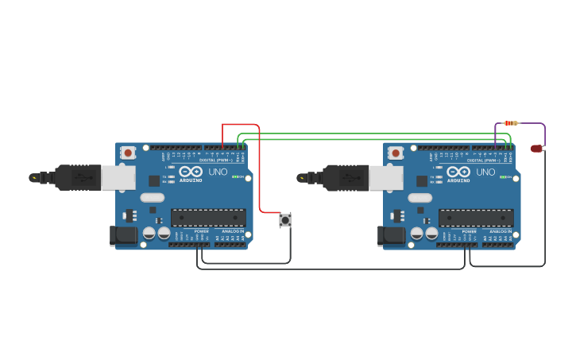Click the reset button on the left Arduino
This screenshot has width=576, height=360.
coord(128,152)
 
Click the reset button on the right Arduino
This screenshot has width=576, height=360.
coord(396,152)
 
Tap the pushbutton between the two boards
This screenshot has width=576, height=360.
coord(285,219)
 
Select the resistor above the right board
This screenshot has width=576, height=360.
coord(511,123)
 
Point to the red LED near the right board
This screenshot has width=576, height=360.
coord(537,148)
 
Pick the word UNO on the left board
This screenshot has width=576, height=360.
coord(218,172)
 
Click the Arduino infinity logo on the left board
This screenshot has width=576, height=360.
coord(191,172)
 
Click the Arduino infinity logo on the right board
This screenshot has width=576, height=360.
coord(458,172)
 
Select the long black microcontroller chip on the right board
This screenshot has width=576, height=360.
coord(476,217)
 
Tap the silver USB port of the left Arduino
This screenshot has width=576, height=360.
coord(118,177)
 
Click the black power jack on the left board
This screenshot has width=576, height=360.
coord(123,235)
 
